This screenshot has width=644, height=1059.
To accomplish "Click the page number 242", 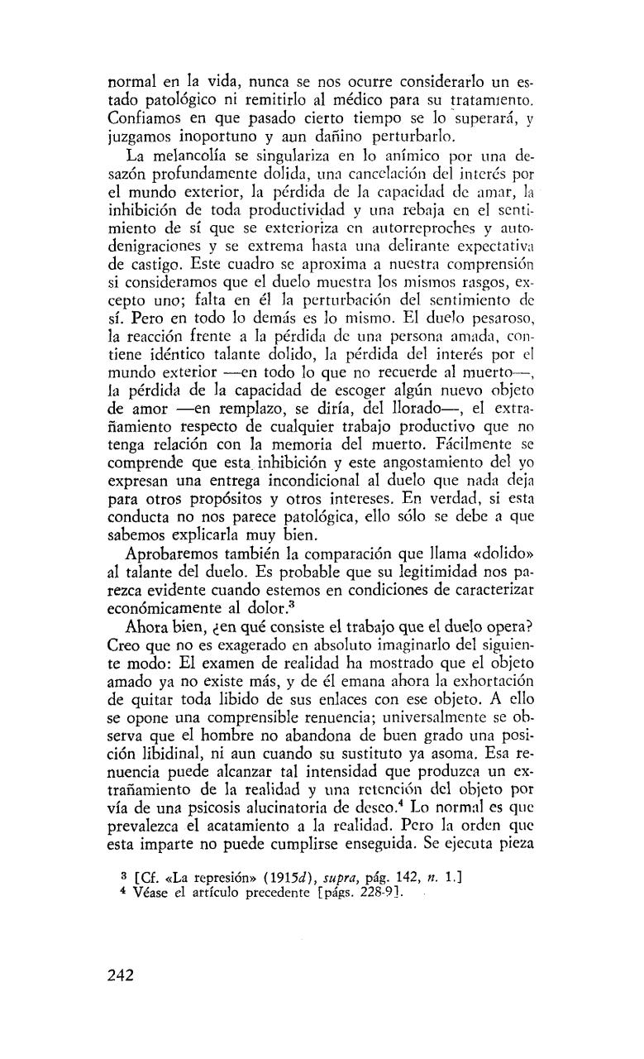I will [121, 974].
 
